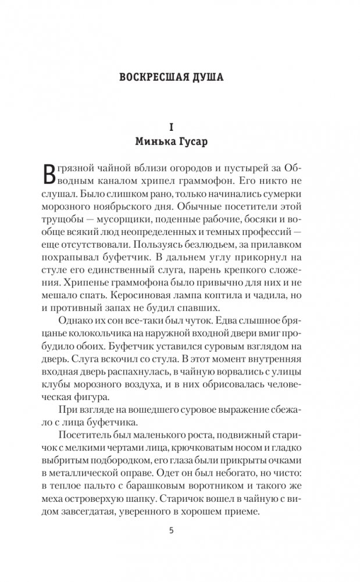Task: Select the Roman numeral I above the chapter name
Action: tap(180, 126)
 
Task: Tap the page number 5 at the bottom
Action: tap(180, 530)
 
